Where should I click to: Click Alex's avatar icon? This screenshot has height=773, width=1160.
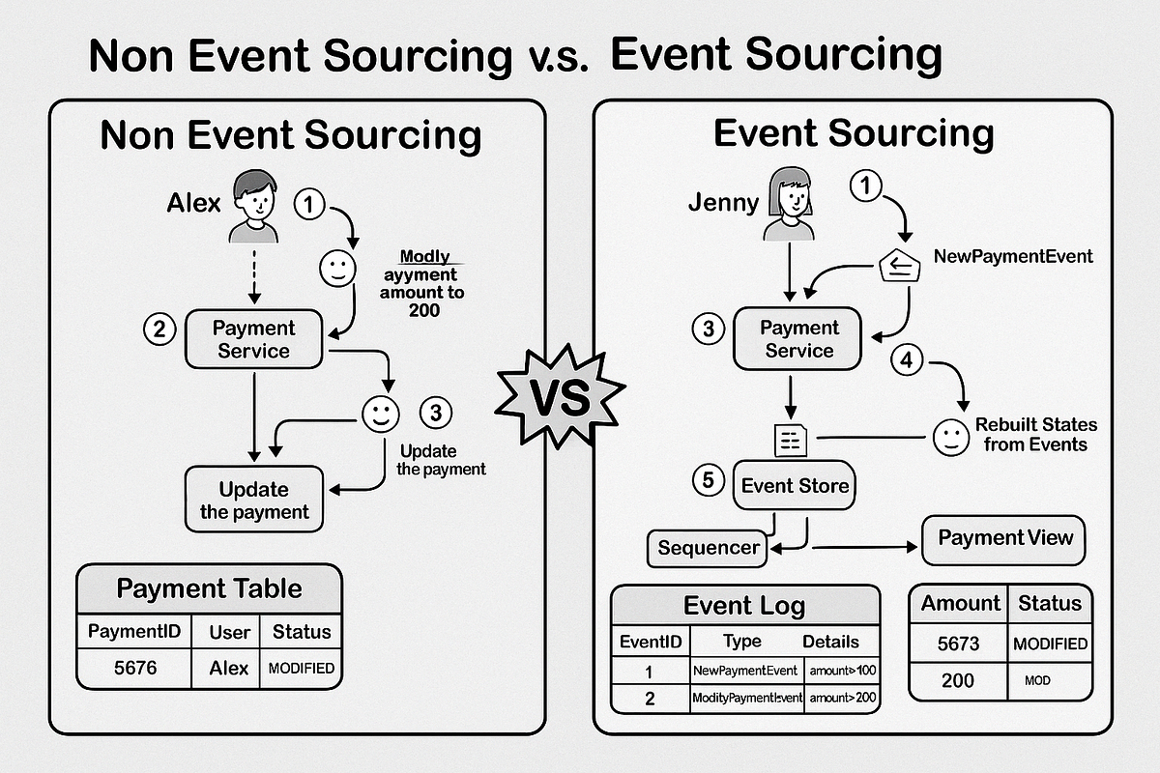pyautogui.click(x=254, y=206)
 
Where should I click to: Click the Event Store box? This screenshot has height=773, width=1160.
pyautogui.click(x=796, y=485)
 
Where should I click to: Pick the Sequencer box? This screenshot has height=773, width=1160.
pyautogui.click(x=708, y=548)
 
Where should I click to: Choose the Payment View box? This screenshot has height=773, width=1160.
pyautogui.click(x=1004, y=538)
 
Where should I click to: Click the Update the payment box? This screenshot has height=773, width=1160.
pyautogui.click(x=254, y=500)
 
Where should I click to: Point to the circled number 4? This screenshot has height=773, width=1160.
pyautogui.click(x=905, y=360)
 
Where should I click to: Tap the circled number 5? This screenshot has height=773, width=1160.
pyautogui.click(x=709, y=480)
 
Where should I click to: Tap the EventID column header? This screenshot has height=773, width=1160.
pyautogui.click(x=650, y=642)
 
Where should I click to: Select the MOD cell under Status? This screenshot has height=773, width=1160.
pyautogui.click(x=1049, y=680)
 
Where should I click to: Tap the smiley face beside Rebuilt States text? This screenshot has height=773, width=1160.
pyautogui.click(x=951, y=438)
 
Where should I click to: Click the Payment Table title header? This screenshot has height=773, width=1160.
pyautogui.click(x=209, y=588)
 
